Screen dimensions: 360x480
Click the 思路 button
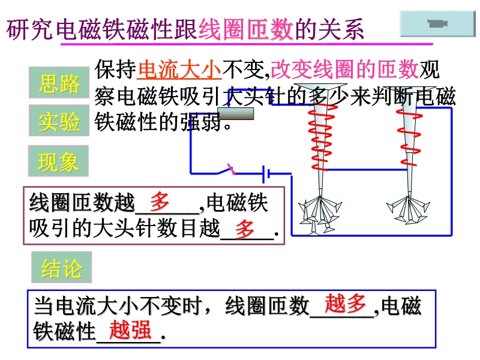click(x=59, y=83)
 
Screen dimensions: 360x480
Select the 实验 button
click(x=59, y=121)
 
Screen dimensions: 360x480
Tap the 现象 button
click(x=59, y=161)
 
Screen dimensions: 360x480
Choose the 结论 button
click(x=61, y=268)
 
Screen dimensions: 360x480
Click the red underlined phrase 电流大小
click(x=179, y=70)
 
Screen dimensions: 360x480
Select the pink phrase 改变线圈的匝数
click(x=344, y=70)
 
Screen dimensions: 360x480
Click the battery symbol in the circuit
click(x=266, y=175)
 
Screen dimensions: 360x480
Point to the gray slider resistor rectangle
click(x=235, y=113)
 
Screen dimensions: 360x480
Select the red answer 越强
click(x=130, y=329)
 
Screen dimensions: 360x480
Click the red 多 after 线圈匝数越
click(x=160, y=200)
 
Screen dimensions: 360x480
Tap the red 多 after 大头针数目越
click(x=245, y=229)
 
